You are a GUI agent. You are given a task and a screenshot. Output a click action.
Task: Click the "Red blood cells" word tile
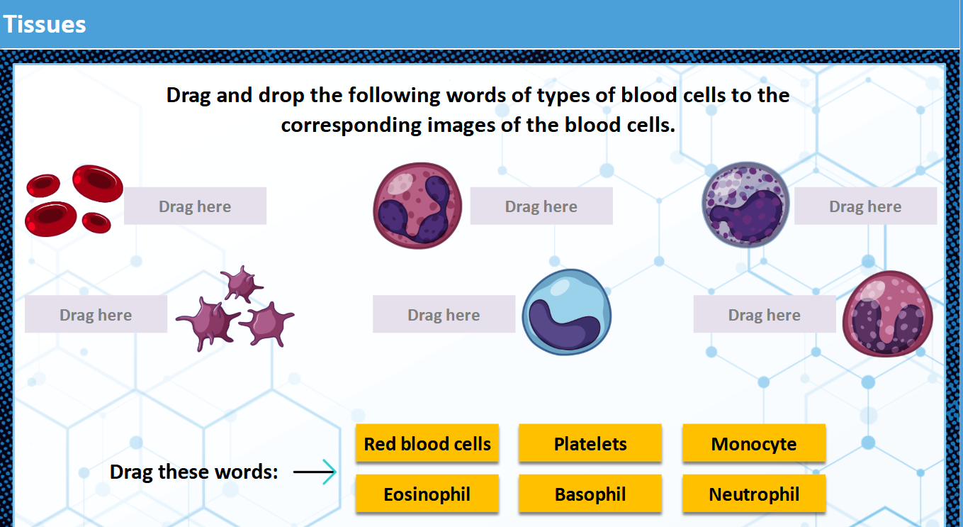click(x=427, y=444)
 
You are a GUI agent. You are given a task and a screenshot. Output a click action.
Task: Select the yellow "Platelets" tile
click(x=590, y=444)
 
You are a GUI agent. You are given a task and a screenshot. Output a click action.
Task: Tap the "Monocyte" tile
click(x=754, y=444)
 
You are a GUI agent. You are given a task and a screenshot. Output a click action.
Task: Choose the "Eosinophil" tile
click(x=427, y=494)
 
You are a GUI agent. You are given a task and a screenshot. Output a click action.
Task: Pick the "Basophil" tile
click(x=590, y=494)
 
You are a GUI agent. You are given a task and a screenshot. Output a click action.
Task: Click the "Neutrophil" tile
click(x=754, y=494)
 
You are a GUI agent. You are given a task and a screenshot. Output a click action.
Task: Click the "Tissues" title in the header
click(x=45, y=24)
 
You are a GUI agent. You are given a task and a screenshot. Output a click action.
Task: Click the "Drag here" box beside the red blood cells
click(x=195, y=206)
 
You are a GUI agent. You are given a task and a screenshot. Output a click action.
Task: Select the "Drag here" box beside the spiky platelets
click(x=96, y=315)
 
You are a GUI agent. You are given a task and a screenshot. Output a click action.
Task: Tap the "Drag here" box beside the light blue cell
click(x=444, y=315)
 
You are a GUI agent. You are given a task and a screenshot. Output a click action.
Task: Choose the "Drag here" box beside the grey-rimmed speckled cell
click(x=865, y=206)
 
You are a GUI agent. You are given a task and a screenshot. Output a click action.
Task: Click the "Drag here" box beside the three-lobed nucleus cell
click(x=541, y=206)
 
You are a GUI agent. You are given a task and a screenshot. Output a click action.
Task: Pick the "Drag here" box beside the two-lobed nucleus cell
click(x=764, y=315)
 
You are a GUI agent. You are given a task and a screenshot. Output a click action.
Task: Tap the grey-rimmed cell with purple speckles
click(x=745, y=204)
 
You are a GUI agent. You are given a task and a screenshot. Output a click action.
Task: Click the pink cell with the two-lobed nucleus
click(x=887, y=314)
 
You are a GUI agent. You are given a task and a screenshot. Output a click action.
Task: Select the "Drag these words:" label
click(x=194, y=472)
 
